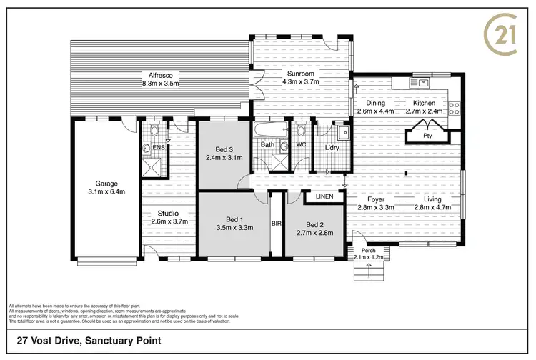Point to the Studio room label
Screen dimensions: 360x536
pos(169,213)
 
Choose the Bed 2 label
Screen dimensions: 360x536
pos(313,224)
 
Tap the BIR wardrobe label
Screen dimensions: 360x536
pos(277,224)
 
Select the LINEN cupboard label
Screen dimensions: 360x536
pos(324,196)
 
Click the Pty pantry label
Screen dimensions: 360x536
pos(427,135)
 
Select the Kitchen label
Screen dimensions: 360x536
pos(424,102)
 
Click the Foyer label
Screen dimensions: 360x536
pos(376,199)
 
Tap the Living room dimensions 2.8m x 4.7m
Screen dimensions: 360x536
pos(433,207)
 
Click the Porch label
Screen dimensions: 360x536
pos(369,250)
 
